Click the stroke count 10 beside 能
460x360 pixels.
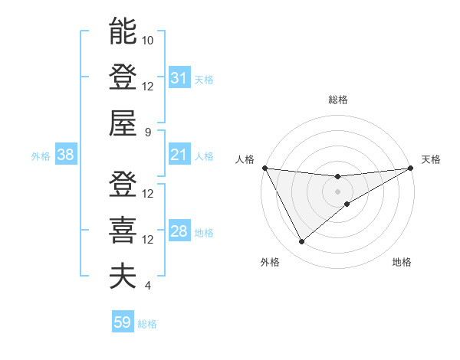(x=148, y=40)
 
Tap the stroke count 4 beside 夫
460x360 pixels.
(x=147, y=286)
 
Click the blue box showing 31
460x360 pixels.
(x=179, y=78)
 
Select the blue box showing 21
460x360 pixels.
(x=179, y=155)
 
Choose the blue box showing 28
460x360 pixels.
(x=179, y=232)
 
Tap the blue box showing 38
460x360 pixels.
(x=65, y=155)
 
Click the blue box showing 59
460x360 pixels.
(x=123, y=322)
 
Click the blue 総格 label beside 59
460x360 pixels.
(x=147, y=324)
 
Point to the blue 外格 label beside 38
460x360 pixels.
(x=41, y=156)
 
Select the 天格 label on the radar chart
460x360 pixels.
(x=431, y=159)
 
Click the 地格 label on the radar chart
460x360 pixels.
(x=402, y=262)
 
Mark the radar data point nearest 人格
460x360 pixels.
(x=264, y=168)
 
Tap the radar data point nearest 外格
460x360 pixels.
(x=301, y=242)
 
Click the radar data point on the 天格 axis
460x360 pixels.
(x=410, y=168)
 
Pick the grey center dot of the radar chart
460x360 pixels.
(x=337, y=191)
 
